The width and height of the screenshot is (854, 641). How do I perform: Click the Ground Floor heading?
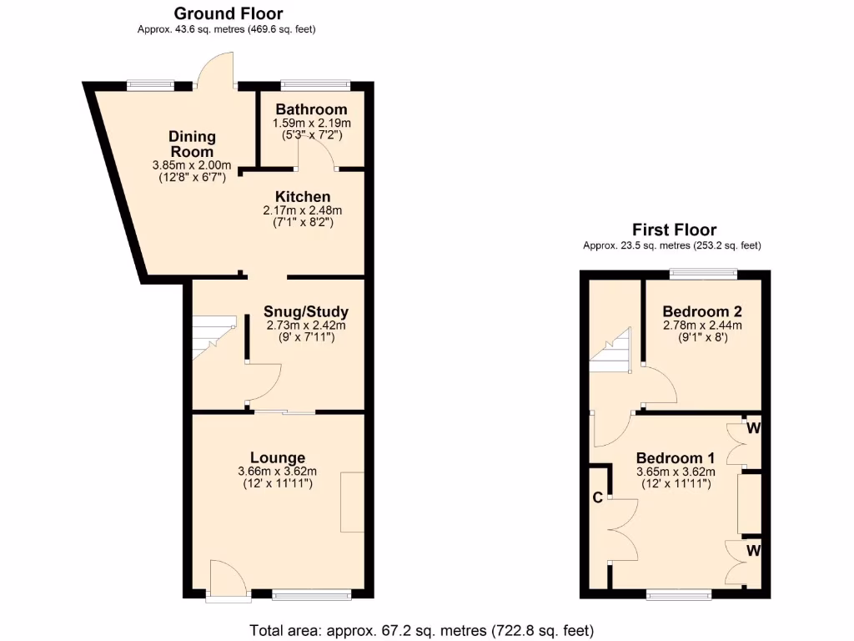pos(228,13)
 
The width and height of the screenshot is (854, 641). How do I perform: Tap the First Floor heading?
pos(674,230)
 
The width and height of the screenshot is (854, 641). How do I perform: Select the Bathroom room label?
pos(311,109)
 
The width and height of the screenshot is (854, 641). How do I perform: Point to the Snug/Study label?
pos(305,312)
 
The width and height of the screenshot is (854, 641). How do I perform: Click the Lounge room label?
pos(278,457)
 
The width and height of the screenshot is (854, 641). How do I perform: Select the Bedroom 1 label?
pos(675,458)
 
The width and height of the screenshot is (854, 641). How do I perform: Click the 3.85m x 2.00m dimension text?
pos(192,165)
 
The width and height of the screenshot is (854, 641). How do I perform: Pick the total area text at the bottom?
pos(421,629)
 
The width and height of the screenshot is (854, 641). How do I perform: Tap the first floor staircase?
pos(611,349)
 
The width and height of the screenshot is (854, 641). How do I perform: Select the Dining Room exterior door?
pos(218,71)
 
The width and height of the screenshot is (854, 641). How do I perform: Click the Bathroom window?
pos(315,85)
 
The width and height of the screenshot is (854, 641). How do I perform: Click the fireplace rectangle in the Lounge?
pos(352,502)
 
